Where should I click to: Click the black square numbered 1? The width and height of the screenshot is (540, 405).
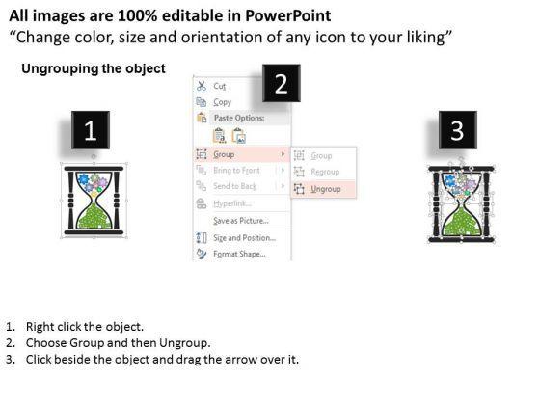[x=91, y=130]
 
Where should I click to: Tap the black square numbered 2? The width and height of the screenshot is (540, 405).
[x=281, y=83]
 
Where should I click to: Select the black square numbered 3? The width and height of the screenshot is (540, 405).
[x=458, y=130]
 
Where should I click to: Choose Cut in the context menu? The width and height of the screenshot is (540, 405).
[x=220, y=86]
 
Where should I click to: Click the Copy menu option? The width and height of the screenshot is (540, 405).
[x=222, y=102]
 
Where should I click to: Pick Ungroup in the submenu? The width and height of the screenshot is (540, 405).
[x=326, y=189]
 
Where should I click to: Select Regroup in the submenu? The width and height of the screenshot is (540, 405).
[x=325, y=172]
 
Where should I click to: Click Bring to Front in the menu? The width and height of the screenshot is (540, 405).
[x=236, y=170]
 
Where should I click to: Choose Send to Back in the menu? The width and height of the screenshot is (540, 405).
[x=235, y=186]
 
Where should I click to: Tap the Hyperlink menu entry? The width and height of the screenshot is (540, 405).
[x=232, y=203]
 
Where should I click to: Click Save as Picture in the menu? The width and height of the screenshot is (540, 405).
[x=241, y=221]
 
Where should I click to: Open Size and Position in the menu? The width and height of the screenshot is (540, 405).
[x=244, y=238]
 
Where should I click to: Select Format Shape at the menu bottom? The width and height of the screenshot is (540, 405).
[x=239, y=255]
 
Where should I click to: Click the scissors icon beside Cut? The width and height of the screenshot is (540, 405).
[x=202, y=86]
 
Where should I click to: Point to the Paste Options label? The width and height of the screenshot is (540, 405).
[x=239, y=118]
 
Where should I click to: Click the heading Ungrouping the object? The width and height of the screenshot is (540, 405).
[x=94, y=68]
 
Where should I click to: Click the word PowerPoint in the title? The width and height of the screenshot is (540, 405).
[x=288, y=15]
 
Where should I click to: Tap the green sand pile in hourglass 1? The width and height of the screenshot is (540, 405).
[x=94, y=217]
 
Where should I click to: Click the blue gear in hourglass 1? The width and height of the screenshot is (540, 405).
[x=83, y=179]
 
